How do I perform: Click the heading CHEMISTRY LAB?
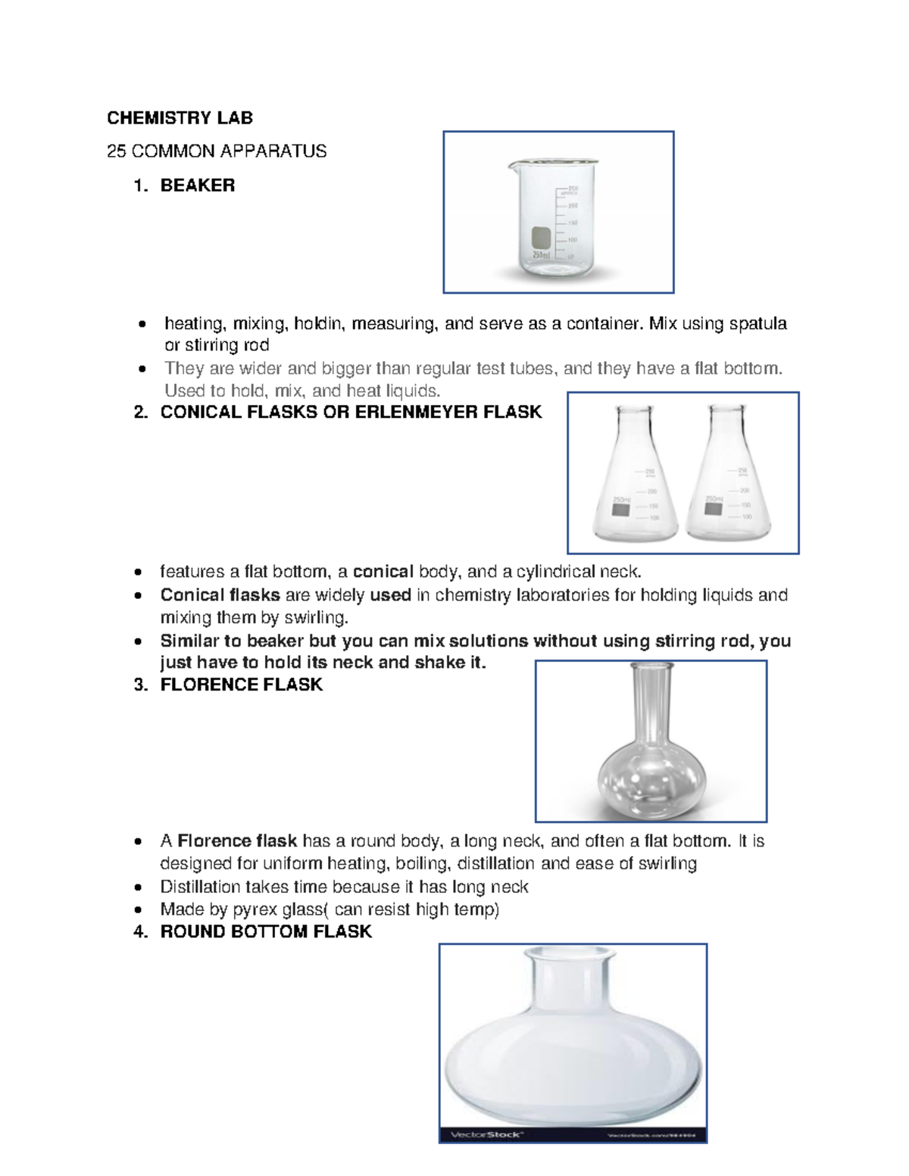tap(180, 118)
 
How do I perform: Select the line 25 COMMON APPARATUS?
tap(217, 151)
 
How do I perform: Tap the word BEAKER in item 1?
tap(197, 186)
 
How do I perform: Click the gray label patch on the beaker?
tap(541, 238)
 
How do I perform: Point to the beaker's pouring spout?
tap(513, 164)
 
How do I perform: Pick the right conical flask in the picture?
tap(727, 477)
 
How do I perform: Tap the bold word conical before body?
tap(383, 572)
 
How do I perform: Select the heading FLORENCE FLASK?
tap(241, 685)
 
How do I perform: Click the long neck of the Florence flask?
tap(652, 704)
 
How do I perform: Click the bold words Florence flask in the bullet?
tap(236, 841)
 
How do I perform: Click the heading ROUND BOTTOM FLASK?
tap(265, 932)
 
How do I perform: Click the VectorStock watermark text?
tap(486, 1134)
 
